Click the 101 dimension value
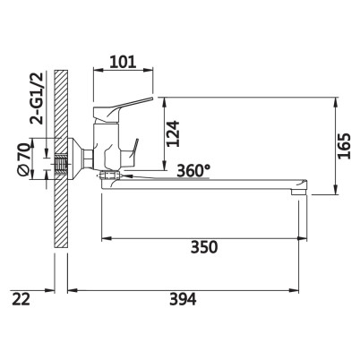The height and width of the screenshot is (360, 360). pos(123,62)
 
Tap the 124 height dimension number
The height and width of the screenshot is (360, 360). pos(173,133)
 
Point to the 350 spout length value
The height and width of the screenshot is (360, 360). pos(204,247)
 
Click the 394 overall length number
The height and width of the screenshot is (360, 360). pos(183,299)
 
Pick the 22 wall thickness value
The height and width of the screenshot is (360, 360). pos(21,299)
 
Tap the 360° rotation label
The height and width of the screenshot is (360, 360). pos(193,171)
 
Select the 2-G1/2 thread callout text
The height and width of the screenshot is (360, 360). pos(37,98)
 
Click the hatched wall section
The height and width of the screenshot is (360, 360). pos(61,159)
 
